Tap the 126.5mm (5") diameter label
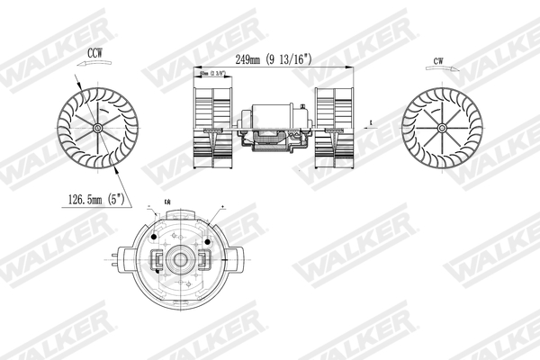[91, 198]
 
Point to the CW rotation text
[438, 62]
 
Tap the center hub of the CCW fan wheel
[96, 129]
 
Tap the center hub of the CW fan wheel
[441, 128]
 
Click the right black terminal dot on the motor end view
[207, 238]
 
